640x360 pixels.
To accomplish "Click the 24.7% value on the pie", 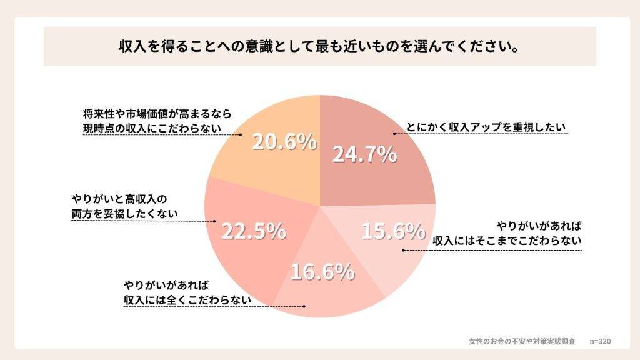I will [x=364, y=154].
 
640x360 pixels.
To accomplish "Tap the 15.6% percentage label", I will [x=393, y=231].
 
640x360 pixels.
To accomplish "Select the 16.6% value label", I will [x=322, y=272].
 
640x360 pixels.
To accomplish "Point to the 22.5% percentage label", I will [x=254, y=231].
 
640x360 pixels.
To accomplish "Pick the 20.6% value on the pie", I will [x=284, y=142].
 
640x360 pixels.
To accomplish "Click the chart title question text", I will [x=319, y=47].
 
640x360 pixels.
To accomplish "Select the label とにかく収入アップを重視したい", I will [x=486, y=127].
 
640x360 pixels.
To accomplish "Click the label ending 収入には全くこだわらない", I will [x=187, y=292].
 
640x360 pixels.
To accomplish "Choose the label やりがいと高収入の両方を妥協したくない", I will [x=124, y=206].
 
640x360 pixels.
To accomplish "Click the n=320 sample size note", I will [x=600, y=341].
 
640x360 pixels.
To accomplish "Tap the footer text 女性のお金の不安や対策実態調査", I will [x=522, y=341].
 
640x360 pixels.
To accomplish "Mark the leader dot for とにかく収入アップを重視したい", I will [x=394, y=134].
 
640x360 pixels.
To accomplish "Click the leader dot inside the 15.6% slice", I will [x=402, y=250].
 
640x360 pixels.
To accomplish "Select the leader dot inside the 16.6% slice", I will [x=304, y=306].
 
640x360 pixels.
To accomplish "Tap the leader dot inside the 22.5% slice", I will [x=215, y=221].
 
